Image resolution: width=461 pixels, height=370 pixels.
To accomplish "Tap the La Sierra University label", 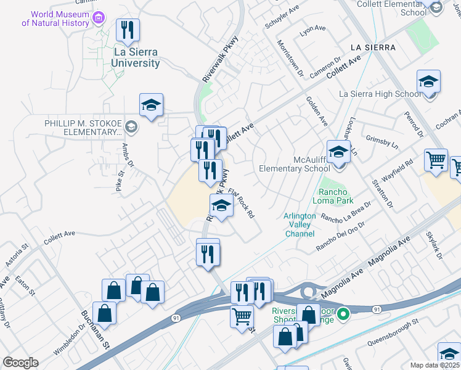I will pos(136,58).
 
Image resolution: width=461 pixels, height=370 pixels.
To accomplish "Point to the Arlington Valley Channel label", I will pos(300,225).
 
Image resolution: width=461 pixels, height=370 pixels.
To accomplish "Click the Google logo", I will pos(20,363).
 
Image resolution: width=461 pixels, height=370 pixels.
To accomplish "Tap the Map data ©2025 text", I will pos(434,365).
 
